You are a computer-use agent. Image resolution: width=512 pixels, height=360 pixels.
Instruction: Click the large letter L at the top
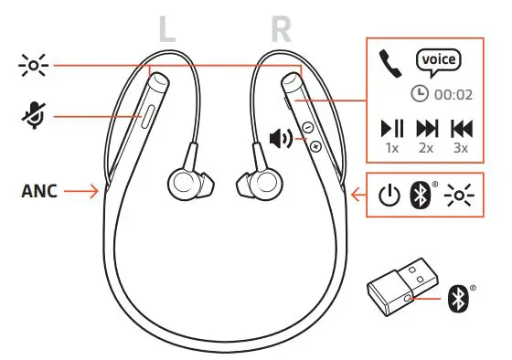166,27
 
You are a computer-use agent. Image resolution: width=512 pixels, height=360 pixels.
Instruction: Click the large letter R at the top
281,27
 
